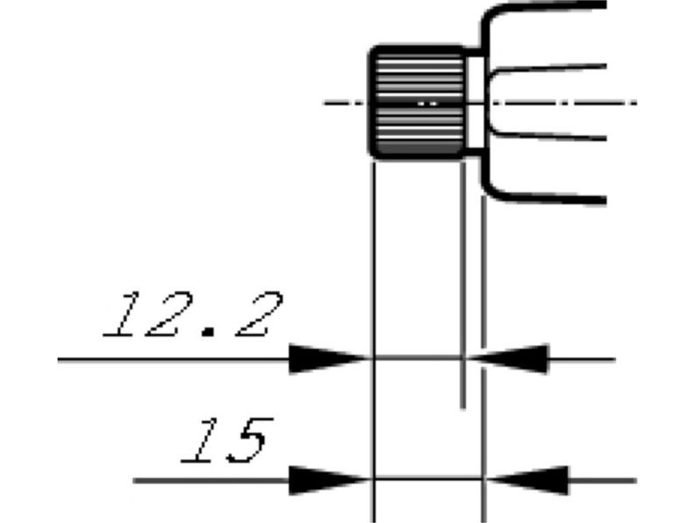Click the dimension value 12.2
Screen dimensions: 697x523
pyautogui.click(x=193, y=315)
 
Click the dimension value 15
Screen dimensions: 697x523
pyautogui.click(x=227, y=441)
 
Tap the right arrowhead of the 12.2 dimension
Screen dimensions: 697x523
pyautogui.click(x=508, y=358)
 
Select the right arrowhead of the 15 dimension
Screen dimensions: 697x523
pyautogui.click(x=528, y=480)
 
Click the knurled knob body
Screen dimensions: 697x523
pyautogui.click(x=418, y=102)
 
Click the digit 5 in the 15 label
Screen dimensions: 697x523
pyautogui.click(x=248, y=441)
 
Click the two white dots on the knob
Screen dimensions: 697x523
pyautogui.click(x=427, y=104)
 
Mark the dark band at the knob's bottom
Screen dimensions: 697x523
pyautogui.click(x=418, y=148)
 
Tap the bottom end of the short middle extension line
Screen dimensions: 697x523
pyautogui.click(x=464, y=406)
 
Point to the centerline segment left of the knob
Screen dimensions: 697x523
pyautogui.click(x=346, y=103)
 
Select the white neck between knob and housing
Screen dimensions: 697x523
pyautogui.click(x=476, y=102)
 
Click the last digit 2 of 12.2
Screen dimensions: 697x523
pyautogui.click(x=259, y=315)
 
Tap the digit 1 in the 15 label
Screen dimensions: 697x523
pyautogui.click(x=200, y=441)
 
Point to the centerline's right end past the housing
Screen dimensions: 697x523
pyautogui.click(x=636, y=103)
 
